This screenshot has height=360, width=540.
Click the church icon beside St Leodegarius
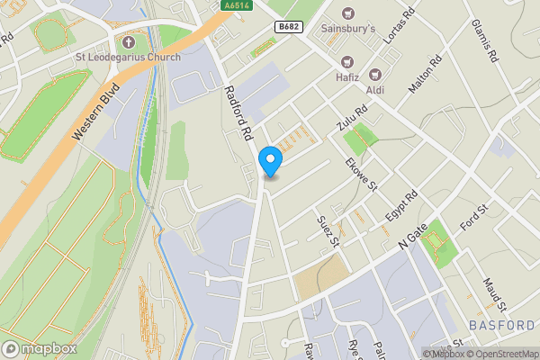tap(128, 42)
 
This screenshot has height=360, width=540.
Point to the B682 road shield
tap(287, 27)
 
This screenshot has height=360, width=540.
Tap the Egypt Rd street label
tap(401, 208)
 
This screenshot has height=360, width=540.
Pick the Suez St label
tap(328, 229)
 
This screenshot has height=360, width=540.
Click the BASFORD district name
tap(502, 324)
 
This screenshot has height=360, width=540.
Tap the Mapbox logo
tap(39, 348)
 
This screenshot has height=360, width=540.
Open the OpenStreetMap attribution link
tap(507, 354)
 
